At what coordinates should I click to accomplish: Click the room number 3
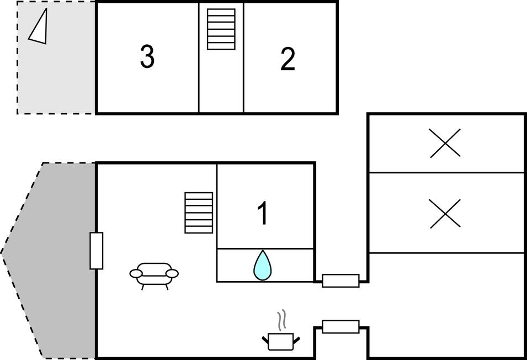pyautogui.click(x=147, y=56)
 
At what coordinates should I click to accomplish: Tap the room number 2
pyautogui.click(x=288, y=59)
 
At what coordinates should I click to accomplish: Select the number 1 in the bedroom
pyautogui.click(x=263, y=213)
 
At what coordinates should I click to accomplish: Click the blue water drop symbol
pyautogui.click(x=262, y=266)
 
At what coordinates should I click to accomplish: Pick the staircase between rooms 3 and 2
pyautogui.click(x=221, y=29)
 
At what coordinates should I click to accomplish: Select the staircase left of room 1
pyautogui.click(x=199, y=213)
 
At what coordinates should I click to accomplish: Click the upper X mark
pyautogui.click(x=445, y=143)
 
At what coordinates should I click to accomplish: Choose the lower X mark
pyautogui.click(x=445, y=214)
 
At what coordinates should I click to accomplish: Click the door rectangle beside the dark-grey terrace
pyautogui.click(x=96, y=251)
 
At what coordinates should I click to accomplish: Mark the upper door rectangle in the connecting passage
pyautogui.click(x=340, y=280)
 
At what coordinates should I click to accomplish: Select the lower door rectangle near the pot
pyautogui.click(x=340, y=327)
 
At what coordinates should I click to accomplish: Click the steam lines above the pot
pyautogui.click(x=281, y=319)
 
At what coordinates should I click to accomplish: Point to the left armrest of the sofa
pyautogui.click(x=136, y=274)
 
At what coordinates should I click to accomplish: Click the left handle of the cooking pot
pyautogui.click(x=265, y=340)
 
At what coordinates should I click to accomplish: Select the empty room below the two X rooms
pyautogui.click(x=446, y=305)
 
